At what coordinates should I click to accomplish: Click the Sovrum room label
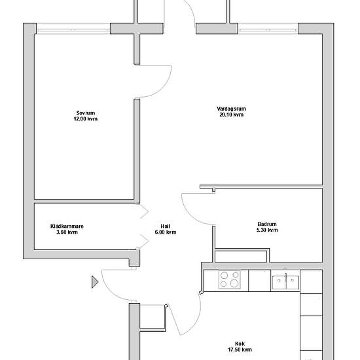pos(86,113)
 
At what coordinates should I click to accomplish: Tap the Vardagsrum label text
pos(232,109)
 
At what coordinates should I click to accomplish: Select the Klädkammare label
pos(67,226)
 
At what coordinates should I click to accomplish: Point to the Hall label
pos(166,226)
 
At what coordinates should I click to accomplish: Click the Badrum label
pos(267,224)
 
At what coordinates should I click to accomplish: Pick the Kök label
pos(240,344)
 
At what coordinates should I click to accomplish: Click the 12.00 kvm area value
pos(86,119)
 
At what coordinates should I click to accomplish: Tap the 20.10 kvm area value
pos(232,115)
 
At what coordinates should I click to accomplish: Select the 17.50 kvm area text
pos(240,350)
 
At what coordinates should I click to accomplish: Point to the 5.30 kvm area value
pos(267,230)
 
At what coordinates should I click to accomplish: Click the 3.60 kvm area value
pos(67,232)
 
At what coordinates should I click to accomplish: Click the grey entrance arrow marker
pos(95,282)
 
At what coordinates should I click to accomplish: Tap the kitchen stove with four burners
pos(230,279)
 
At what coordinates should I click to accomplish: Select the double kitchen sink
pos(285,282)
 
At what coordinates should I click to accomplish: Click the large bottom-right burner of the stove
pos(234,283)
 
